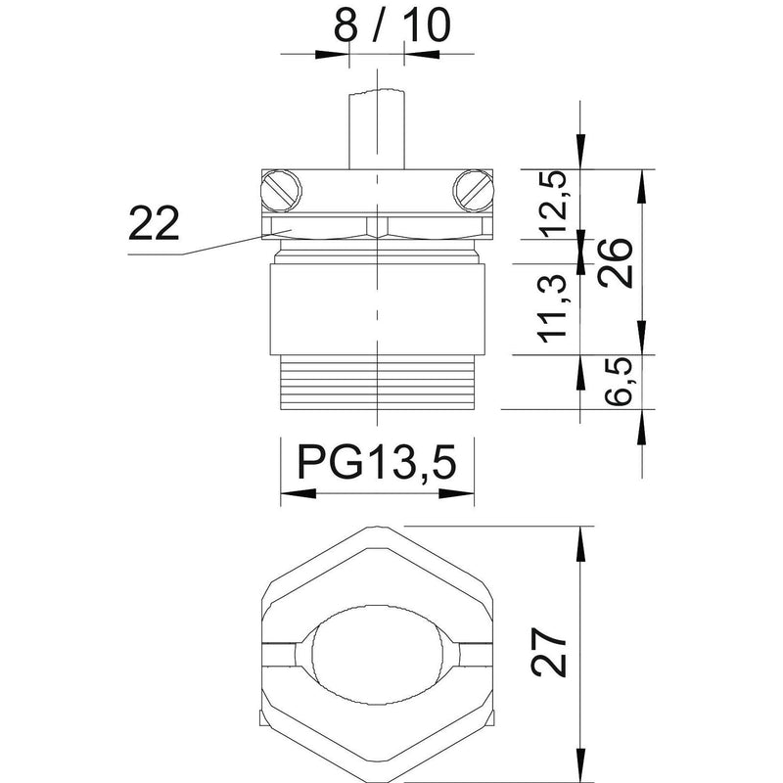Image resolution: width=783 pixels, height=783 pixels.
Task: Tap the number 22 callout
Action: coord(154,224)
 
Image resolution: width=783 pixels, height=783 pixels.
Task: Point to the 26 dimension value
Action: coord(616,262)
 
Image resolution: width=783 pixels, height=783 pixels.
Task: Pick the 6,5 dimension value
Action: coord(619,382)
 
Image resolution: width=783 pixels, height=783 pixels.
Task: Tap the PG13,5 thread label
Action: coord(377,461)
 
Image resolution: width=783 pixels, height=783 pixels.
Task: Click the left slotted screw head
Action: coord(281,191)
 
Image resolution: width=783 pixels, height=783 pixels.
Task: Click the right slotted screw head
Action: coord(473,191)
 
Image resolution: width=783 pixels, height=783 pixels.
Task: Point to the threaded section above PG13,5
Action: coord(378,383)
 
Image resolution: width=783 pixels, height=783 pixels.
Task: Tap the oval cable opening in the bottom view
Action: coord(378,655)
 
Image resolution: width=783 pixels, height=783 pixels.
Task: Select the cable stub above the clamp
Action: coord(377,129)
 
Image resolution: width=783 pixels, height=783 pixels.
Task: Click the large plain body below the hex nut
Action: coord(378,309)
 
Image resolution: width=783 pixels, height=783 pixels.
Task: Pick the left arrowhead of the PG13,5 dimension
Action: coord(299,493)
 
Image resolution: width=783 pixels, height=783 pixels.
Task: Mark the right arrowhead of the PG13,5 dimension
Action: coord(456,493)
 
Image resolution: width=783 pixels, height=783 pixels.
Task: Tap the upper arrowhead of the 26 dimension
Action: coord(642,187)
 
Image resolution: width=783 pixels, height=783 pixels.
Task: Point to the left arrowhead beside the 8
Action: coord(332,54)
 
